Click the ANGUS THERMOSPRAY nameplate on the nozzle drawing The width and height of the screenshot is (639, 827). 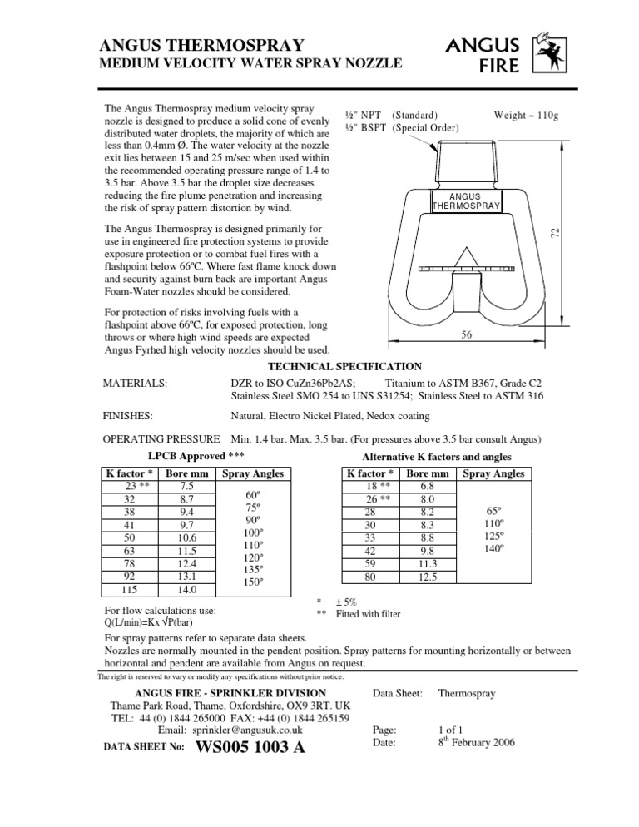point(465,201)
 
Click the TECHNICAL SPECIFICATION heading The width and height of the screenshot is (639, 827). point(344,366)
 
